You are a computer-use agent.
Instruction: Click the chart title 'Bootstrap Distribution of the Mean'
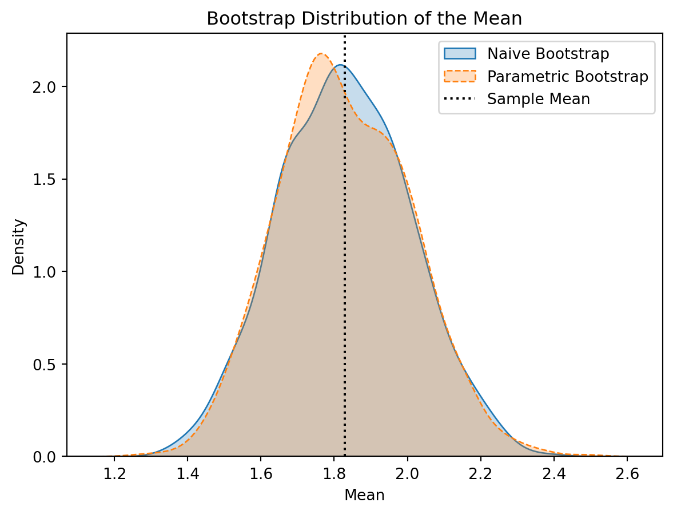pos(364,19)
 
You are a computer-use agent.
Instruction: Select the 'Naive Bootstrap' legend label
pos(548,54)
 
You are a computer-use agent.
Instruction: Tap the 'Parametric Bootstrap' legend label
pos(567,77)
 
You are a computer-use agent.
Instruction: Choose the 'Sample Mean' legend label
pos(538,99)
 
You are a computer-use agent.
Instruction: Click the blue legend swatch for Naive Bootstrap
pos(459,54)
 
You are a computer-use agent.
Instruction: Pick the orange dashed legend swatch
pos(459,77)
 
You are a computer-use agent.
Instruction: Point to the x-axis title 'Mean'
pos(364,495)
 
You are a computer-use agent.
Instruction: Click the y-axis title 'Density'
pos(19,247)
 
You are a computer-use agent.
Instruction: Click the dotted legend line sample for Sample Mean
pos(459,99)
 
